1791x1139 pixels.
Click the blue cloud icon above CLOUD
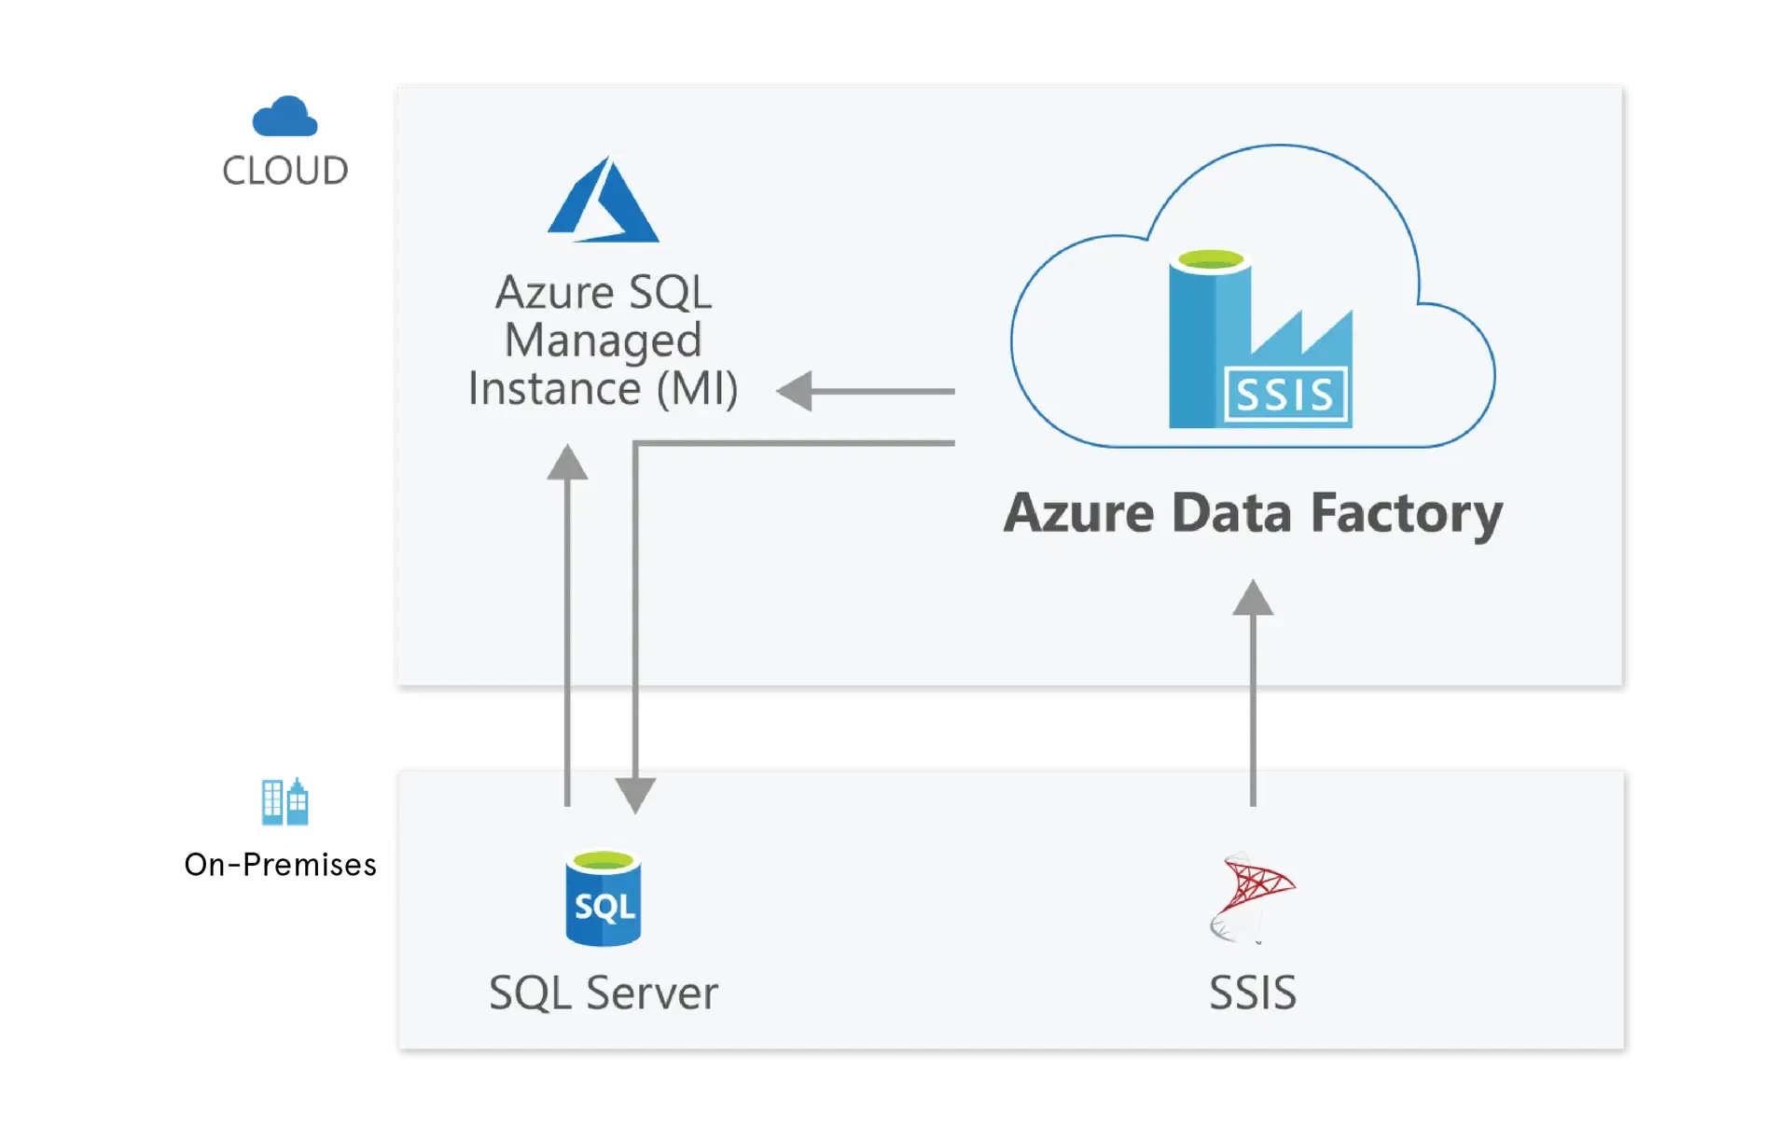[x=284, y=118]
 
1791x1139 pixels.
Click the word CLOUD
[x=284, y=169]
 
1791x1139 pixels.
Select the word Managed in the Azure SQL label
[x=603, y=340]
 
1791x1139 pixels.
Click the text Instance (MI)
[x=603, y=388]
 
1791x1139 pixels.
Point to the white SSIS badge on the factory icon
[x=1285, y=396]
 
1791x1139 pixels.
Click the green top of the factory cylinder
[x=1211, y=260]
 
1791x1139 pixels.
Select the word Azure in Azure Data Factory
[x=1078, y=514]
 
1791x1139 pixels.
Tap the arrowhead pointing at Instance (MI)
[x=796, y=391]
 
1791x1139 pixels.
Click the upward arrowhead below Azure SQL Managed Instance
[x=567, y=463]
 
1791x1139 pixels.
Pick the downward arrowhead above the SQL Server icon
[x=635, y=795]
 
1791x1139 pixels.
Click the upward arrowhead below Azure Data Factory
[x=1253, y=598]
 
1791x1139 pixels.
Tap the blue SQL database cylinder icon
[x=603, y=897]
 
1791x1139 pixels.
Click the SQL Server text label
[x=603, y=993]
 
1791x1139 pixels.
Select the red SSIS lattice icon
[x=1253, y=896]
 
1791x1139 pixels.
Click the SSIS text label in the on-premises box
[x=1253, y=993]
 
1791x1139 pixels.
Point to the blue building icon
[x=283, y=800]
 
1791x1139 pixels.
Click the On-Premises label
[x=281, y=865]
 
